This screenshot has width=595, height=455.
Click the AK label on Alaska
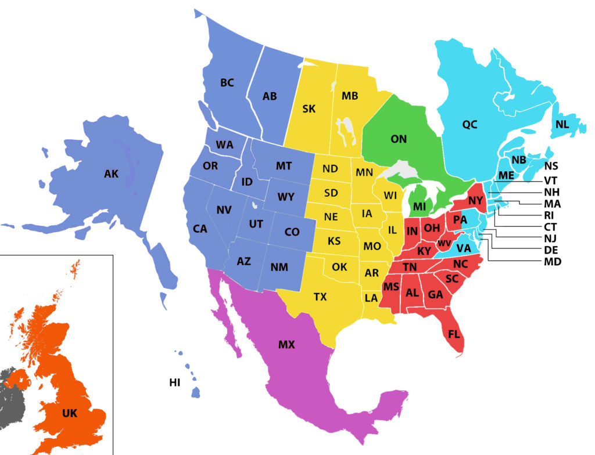111,174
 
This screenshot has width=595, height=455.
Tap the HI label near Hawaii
174,382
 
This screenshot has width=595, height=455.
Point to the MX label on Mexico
286,345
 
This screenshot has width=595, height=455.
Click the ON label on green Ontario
399,139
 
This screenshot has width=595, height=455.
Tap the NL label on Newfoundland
562,124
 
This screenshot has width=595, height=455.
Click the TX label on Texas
320,297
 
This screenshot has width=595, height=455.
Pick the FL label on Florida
454,334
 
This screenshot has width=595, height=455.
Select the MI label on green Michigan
420,206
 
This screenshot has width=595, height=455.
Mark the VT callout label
551,179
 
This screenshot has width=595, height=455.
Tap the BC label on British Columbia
227,83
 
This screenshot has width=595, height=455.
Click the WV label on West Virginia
445,243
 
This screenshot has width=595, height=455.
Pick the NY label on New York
475,201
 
